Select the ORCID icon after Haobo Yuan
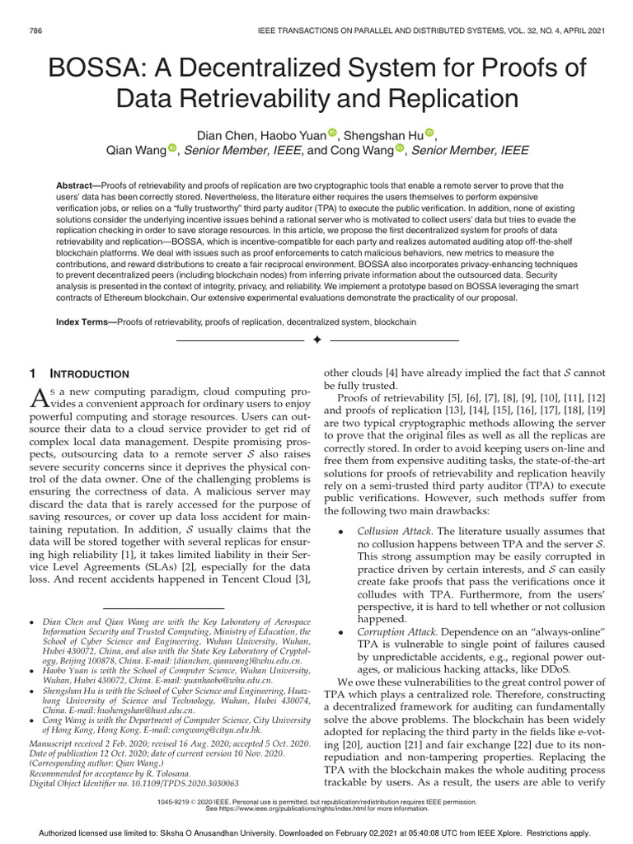pyautogui.click(x=332, y=134)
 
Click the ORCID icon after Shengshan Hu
pyautogui.click(x=429, y=134)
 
